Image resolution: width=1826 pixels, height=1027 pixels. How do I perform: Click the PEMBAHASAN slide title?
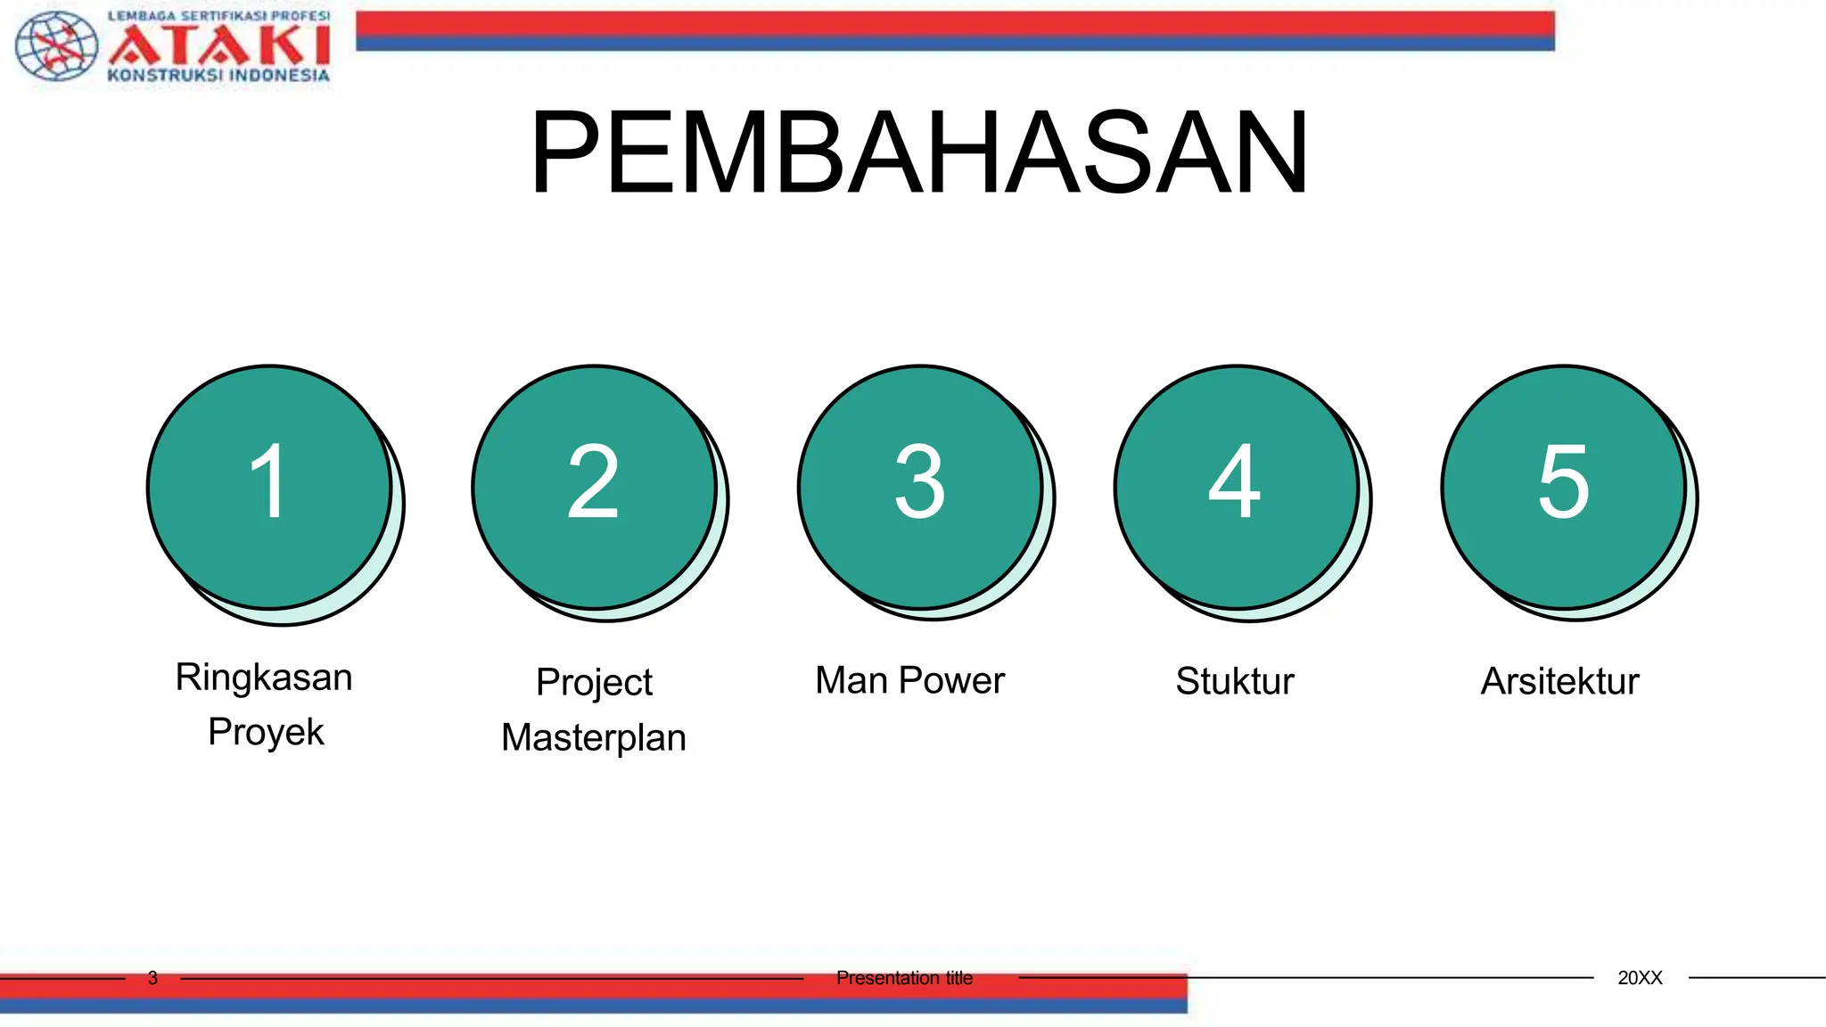(x=919, y=152)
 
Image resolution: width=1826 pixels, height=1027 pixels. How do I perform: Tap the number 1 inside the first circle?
(x=267, y=481)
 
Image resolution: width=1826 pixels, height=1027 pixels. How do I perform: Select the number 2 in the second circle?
(x=593, y=481)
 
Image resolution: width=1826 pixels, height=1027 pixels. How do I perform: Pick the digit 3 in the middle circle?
(x=919, y=481)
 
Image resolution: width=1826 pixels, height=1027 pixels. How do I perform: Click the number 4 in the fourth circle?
(x=1235, y=481)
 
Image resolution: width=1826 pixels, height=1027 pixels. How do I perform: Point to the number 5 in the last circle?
(x=1563, y=481)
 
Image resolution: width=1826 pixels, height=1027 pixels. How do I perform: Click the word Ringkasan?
(x=264, y=678)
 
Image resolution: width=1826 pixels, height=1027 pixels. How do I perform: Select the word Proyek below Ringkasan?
(x=266, y=732)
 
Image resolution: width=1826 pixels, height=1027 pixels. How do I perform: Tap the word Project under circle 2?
(x=594, y=683)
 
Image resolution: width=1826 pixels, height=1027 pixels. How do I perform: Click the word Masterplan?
(x=594, y=738)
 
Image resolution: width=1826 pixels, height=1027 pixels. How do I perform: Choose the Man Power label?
(x=909, y=680)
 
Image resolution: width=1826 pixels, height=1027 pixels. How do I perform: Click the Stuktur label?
(x=1234, y=681)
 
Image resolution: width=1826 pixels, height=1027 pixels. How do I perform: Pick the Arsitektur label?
(x=1559, y=681)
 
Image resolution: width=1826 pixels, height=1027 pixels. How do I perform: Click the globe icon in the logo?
(x=57, y=45)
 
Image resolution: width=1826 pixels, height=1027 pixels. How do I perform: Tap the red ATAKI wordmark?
(x=219, y=45)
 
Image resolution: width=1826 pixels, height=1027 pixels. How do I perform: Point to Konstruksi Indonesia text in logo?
(x=218, y=76)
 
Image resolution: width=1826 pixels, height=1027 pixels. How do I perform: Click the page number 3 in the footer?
(x=152, y=978)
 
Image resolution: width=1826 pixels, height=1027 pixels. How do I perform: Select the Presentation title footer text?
(x=904, y=978)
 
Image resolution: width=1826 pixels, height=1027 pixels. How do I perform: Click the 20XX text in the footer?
(x=1640, y=978)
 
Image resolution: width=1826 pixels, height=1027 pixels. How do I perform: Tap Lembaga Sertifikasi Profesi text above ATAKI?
(x=218, y=16)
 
